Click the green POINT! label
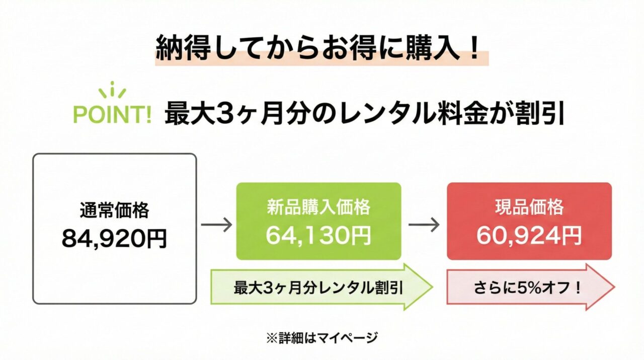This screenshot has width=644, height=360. click(x=112, y=114)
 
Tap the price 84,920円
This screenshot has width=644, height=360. click(x=114, y=239)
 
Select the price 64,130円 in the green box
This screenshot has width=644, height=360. click(x=318, y=235)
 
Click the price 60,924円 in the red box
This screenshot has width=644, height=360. click(x=529, y=236)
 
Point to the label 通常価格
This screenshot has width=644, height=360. click(x=114, y=210)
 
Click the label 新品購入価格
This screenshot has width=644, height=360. click(x=318, y=207)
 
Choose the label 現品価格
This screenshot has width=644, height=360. click(x=529, y=207)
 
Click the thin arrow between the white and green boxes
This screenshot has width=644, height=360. click(x=216, y=225)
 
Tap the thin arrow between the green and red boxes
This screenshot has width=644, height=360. click(x=424, y=225)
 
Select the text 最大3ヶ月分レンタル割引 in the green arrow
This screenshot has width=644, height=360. click(x=318, y=288)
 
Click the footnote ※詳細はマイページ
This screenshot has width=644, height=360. click(x=322, y=338)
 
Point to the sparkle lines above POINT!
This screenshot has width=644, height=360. click(x=112, y=90)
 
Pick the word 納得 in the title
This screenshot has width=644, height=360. click(x=183, y=48)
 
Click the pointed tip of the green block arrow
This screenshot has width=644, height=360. click(x=433, y=287)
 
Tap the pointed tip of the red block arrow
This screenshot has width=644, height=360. click(x=614, y=287)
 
